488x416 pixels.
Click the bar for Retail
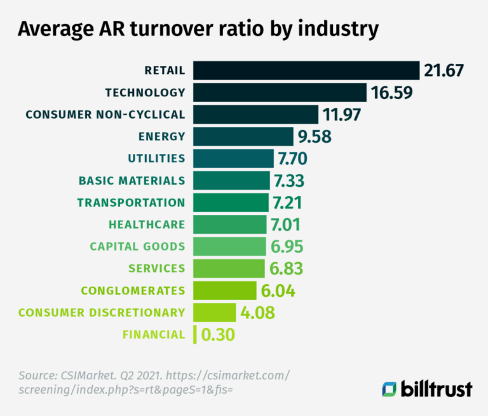[306, 70]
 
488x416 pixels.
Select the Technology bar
[279, 92]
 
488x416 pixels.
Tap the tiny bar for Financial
[195, 335]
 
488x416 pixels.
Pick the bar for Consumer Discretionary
[214, 312]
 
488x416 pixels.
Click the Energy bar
[243, 137]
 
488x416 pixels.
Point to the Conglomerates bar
[225, 291]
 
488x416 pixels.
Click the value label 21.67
[443, 70]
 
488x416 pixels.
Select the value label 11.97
[341, 115]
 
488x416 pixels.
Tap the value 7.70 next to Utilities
[292, 159]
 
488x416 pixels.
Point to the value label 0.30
[218, 335]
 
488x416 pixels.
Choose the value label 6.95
[287, 247]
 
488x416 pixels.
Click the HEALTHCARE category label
[147, 225]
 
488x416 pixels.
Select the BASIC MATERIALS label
[132, 180]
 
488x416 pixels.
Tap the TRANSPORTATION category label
[131, 202]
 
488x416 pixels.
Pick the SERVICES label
[156, 269]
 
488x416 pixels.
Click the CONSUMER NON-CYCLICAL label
[105, 115]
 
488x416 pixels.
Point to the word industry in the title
[338, 30]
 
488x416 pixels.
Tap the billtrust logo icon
[389, 389]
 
